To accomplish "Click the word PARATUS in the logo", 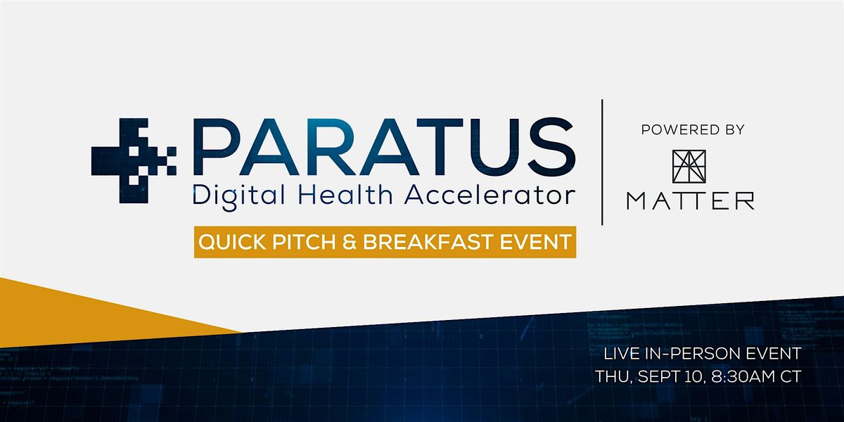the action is coord(384,147).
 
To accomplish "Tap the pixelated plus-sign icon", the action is coord(134,161).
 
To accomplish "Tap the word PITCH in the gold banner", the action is coord(304,241).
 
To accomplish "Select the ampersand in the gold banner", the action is coord(350,242).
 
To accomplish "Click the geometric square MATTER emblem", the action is coord(689,167).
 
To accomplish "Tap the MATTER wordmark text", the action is coord(691,201).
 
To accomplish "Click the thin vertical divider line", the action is coord(602,162).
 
